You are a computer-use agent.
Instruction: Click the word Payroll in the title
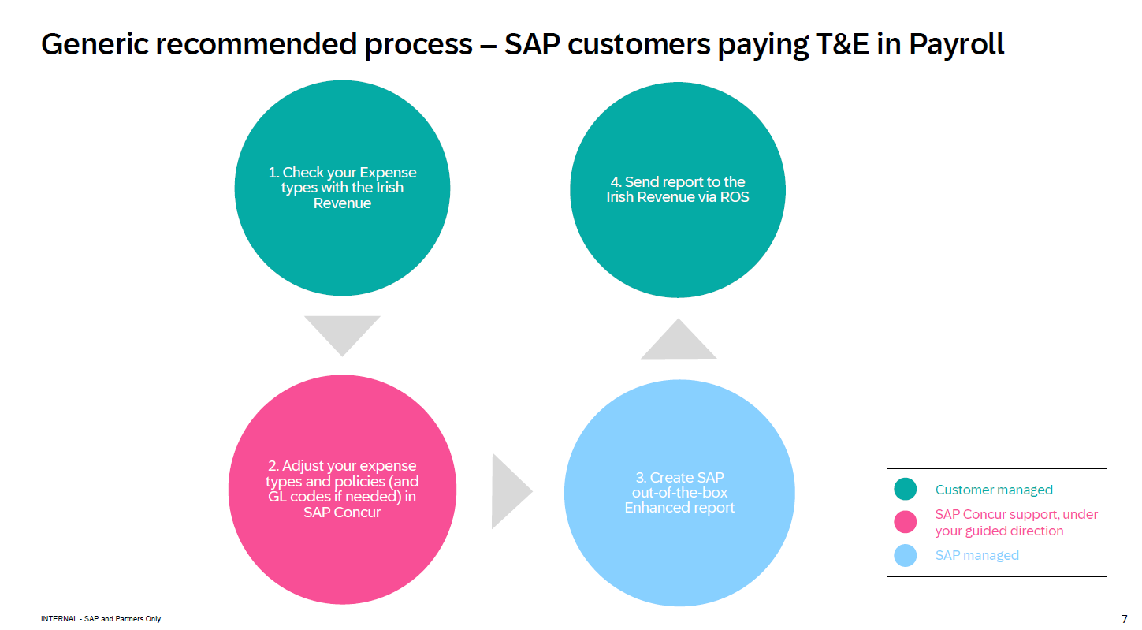tap(957, 44)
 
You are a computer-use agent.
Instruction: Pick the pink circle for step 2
tap(342, 552)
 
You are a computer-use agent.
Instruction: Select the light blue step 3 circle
tap(679, 552)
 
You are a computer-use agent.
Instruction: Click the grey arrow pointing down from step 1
tap(342, 331)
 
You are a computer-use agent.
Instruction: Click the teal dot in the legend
tap(906, 490)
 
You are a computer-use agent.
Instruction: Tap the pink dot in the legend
tap(906, 521)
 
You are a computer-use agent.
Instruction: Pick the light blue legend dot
tap(906, 555)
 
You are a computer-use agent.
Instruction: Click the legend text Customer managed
tap(994, 490)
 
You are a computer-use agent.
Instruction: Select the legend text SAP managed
tap(976, 555)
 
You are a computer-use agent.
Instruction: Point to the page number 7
tap(1124, 618)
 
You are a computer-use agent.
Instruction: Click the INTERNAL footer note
tap(101, 619)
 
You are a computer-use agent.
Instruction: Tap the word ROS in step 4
tap(734, 197)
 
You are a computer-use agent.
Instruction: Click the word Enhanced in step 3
tap(653, 508)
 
